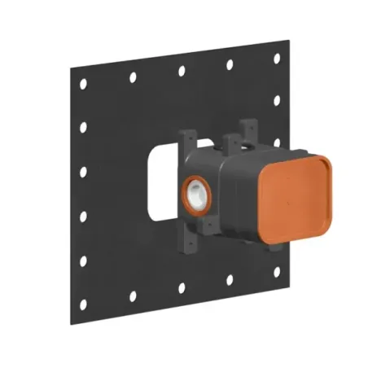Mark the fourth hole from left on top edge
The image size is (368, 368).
230,64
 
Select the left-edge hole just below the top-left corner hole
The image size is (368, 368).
84,129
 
